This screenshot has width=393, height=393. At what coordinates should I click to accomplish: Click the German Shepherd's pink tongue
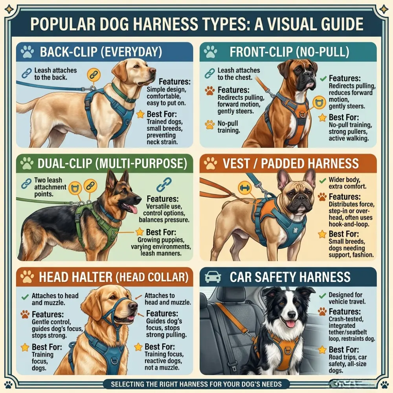point(133,208)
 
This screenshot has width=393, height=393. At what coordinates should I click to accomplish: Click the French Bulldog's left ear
point(283,179)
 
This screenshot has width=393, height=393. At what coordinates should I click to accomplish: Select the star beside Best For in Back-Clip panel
point(140,114)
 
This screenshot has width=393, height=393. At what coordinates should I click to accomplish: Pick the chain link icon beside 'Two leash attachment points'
point(27,183)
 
